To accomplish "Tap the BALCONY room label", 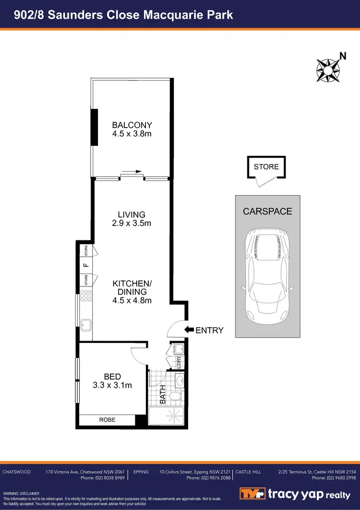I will point(132,125).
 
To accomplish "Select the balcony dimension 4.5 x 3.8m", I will point(132,134).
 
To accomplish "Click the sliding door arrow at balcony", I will point(132,171).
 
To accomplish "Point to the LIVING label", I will point(132,214).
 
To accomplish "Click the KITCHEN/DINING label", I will point(132,287).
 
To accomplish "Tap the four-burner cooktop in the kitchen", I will point(86,296).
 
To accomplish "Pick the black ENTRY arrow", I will point(189,330).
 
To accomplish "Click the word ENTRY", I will point(209,331).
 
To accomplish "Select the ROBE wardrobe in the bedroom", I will point(107,420).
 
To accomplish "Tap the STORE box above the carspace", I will point(266,167).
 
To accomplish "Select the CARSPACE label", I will point(267,211).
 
